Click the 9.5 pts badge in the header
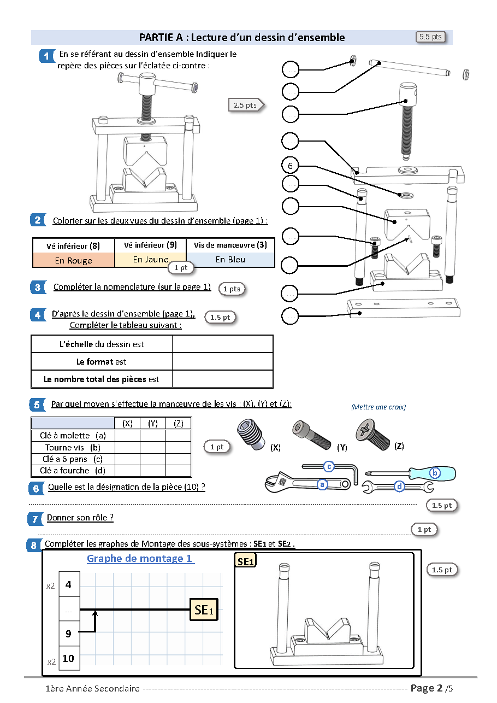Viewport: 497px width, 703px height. point(430,37)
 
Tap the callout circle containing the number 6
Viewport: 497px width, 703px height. point(291,166)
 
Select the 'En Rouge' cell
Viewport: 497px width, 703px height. point(74,260)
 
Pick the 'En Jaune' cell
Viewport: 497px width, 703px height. point(150,260)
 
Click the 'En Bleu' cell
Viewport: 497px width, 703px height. point(230,260)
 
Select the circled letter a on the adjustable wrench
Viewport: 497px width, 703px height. point(322,484)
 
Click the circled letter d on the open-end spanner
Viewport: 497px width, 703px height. point(399,486)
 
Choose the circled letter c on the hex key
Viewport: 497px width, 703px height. point(329,466)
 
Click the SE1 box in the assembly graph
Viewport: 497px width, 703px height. point(203,610)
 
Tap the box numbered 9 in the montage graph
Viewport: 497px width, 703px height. point(68,634)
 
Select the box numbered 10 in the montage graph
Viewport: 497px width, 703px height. point(68,658)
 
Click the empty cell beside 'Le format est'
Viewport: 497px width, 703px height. point(222,361)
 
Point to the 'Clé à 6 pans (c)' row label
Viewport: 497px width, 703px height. point(72,459)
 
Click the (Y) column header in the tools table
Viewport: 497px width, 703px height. point(153,423)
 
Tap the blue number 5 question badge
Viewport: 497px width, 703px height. point(37,405)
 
